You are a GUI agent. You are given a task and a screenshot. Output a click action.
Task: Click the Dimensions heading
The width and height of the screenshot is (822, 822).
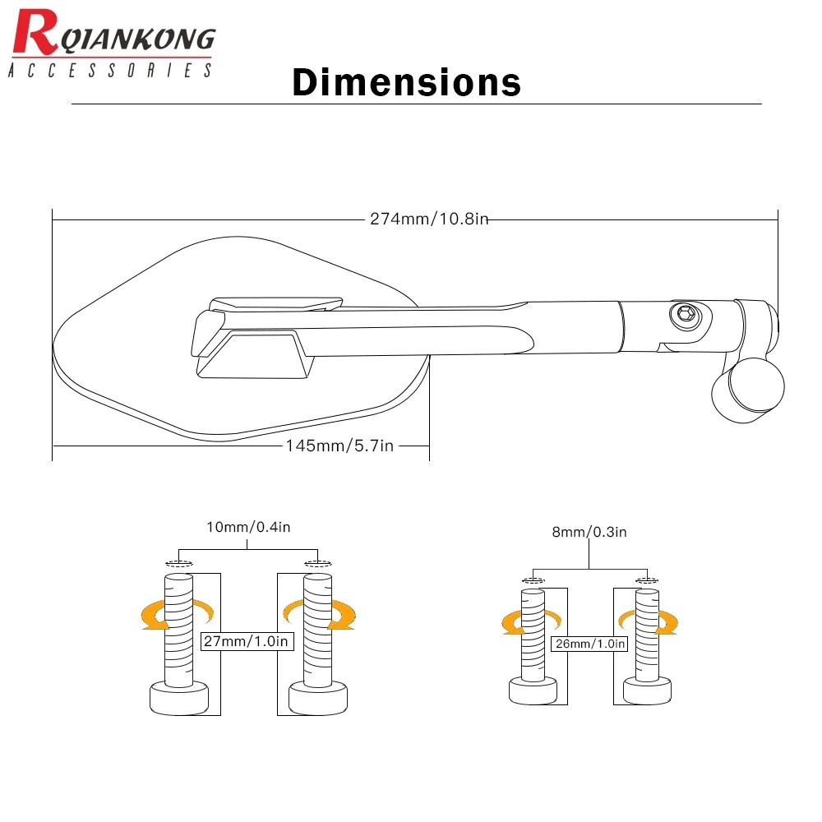point(406,83)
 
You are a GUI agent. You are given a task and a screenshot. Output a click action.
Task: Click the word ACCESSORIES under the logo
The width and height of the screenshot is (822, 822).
point(110,72)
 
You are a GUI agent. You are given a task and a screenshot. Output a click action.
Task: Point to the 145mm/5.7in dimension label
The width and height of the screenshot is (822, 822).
point(339,446)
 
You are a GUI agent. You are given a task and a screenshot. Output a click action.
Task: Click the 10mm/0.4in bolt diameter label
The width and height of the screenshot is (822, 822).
point(249,527)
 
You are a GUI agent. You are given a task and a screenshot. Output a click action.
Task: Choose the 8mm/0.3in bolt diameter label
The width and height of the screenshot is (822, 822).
point(589,532)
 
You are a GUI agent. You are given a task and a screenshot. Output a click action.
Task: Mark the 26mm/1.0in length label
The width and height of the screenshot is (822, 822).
point(589,644)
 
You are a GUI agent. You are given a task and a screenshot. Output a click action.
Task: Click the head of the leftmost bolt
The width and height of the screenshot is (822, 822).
point(178,699)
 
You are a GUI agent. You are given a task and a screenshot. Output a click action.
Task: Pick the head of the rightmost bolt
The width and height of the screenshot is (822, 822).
point(646,690)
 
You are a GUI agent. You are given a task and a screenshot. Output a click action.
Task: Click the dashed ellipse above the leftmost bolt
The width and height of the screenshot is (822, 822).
point(178,564)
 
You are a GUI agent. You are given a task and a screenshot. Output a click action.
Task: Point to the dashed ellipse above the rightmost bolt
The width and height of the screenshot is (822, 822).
point(646,581)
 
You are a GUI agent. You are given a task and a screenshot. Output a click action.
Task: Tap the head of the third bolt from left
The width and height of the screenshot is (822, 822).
point(533,690)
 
